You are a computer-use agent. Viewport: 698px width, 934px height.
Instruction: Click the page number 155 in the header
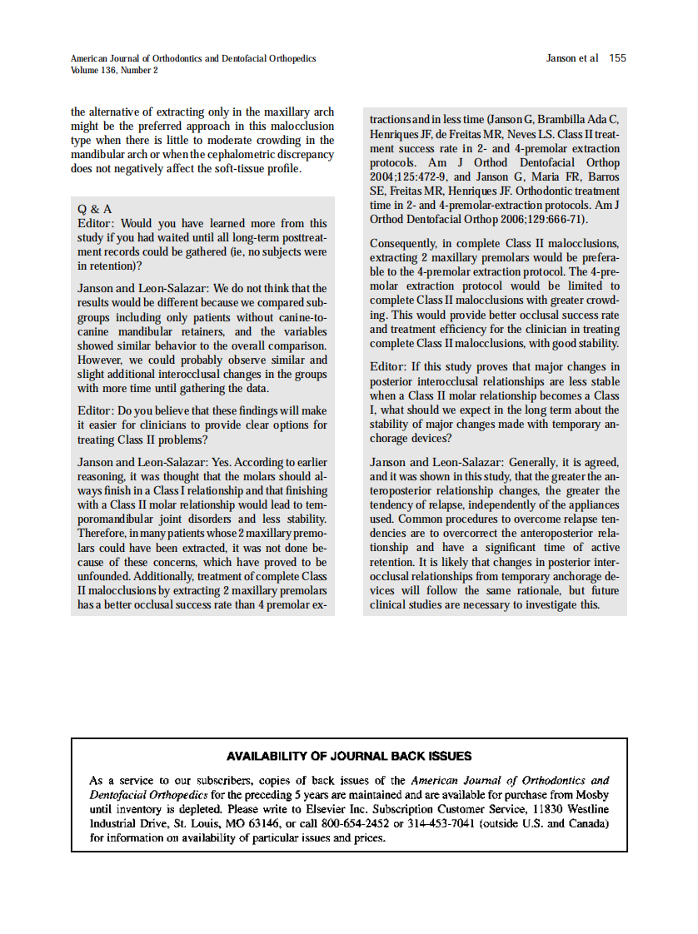617,58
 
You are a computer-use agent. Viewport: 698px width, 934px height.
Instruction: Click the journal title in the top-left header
193,58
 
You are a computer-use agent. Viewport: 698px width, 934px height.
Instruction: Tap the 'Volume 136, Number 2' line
114,71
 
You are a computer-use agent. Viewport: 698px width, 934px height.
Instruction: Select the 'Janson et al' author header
571,58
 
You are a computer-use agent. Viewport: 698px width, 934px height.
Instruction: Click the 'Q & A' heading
94,209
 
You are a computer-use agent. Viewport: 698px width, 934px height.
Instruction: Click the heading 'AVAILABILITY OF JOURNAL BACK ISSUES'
349,757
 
